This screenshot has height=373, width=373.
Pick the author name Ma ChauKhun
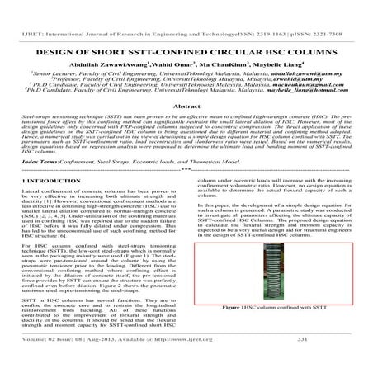206,44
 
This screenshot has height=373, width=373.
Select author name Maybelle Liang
261,44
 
